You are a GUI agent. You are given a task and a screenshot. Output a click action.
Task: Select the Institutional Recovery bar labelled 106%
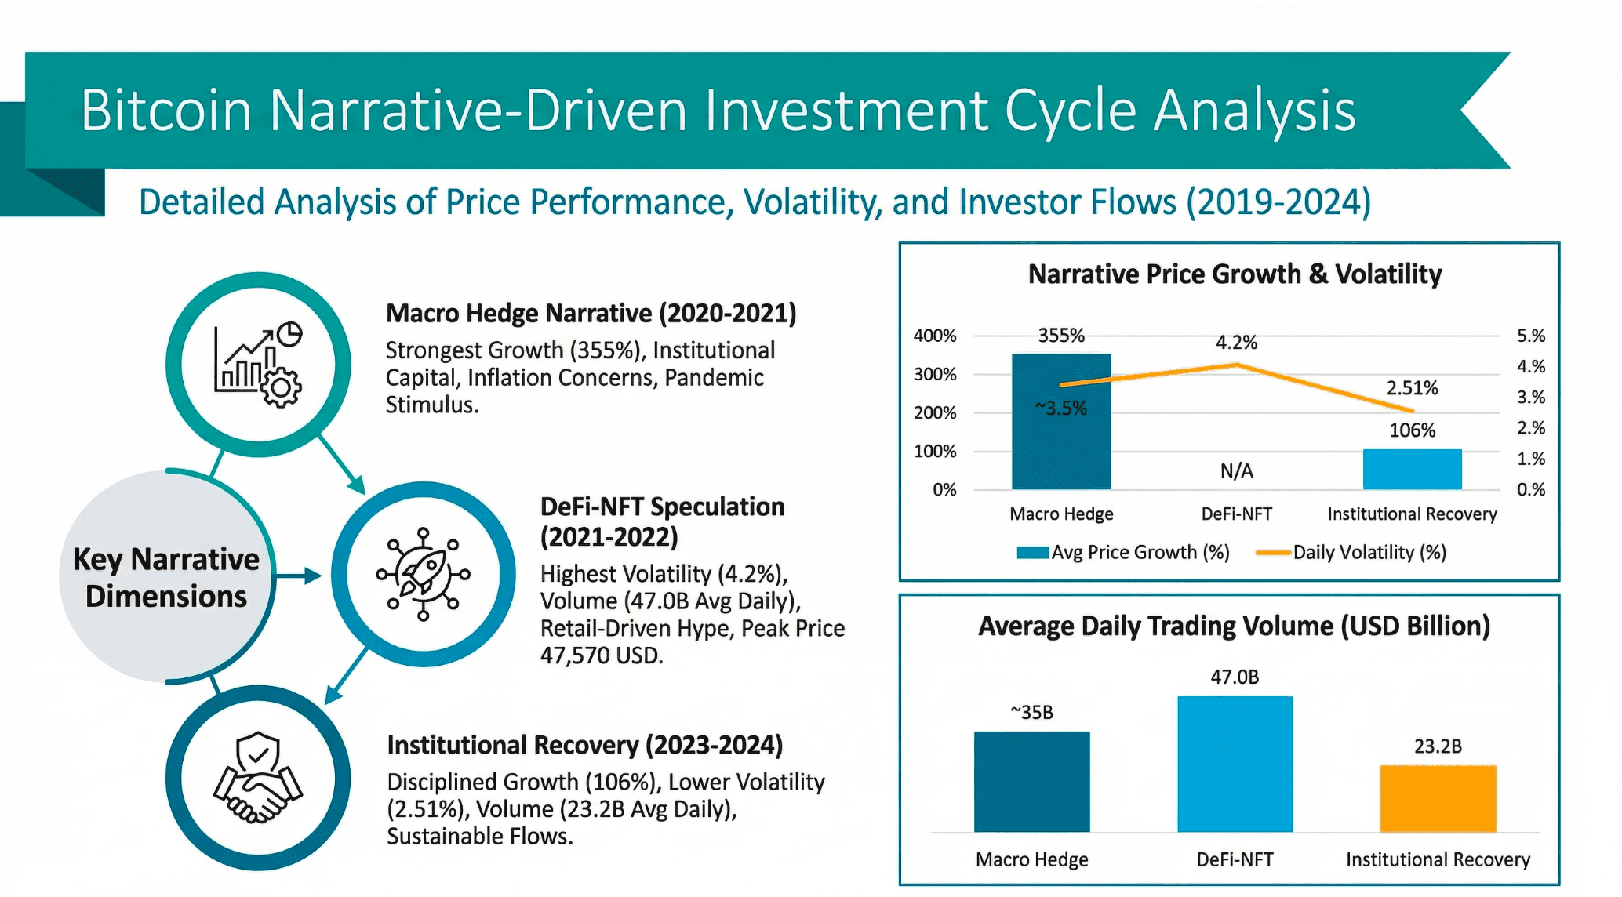pyautogui.click(x=1412, y=469)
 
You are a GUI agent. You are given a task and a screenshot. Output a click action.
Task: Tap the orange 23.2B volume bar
pyautogui.click(x=1438, y=798)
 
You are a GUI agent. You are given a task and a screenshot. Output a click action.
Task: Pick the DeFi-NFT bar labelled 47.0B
pyautogui.click(x=1235, y=764)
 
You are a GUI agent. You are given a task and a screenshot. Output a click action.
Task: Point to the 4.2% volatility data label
pyautogui.click(x=1236, y=343)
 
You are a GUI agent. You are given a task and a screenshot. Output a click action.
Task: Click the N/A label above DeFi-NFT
pyautogui.click(x=1236, y=470)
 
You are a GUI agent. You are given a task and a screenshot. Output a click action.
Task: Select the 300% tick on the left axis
pyautogui.click(x=935, y=374)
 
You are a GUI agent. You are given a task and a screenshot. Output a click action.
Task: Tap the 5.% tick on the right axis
pyautogui.click(x=1530, y=336)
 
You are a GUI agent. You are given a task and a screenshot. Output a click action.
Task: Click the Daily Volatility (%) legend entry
pyautogui.click(x=1351, y=553)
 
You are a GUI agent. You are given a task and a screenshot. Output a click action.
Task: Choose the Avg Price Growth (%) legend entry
pyautogui.click(x=1123, y=553)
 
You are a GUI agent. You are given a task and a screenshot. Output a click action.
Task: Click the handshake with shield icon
pyautogui.click(x=258, y=778)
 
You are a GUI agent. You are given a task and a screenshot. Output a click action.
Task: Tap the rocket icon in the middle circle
pyautogui.click(x=424, y=574)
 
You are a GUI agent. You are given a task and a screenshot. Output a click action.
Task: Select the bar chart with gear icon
pyautogui.click(x=258, y=364)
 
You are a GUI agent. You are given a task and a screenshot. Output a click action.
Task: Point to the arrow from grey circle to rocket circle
pyautogui.click(x=299, y=576)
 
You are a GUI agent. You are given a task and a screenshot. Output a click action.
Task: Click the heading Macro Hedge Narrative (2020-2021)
pyautogui.click(x=591, y=314)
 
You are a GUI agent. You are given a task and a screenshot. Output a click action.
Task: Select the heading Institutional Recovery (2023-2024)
pyautogui.click(x=584, y=745)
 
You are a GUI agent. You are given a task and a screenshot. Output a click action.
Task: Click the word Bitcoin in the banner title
pyautogui.click(x=165, y=111)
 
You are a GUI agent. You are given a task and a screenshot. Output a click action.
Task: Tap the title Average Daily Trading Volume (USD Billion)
pyautogui.click(x=1234, y=626)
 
